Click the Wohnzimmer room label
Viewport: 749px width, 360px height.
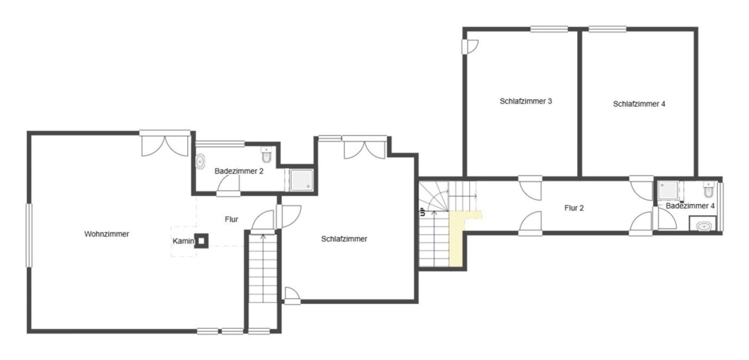click(106, 234)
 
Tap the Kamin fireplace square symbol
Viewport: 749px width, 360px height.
click(201, 240)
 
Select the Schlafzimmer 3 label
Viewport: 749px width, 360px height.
click(526, 101)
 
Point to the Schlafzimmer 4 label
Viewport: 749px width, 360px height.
click(639, 104)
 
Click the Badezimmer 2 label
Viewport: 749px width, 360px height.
click(239, 171)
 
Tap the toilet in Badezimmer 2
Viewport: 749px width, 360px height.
click(266, 154)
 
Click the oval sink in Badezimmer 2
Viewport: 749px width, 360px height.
click(200, 162)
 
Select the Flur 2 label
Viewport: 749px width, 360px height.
click(574, 208)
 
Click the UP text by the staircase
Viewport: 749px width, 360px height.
click(422, 212)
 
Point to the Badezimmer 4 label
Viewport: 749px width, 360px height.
click(690, 206)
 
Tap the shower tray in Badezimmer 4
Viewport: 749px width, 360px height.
click(669, 190)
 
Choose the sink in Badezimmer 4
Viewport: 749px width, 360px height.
click(703, 227)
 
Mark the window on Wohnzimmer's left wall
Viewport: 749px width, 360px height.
click(29, 235)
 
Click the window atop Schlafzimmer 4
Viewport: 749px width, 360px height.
click(607, 29)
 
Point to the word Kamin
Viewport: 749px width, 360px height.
click(183, 241)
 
